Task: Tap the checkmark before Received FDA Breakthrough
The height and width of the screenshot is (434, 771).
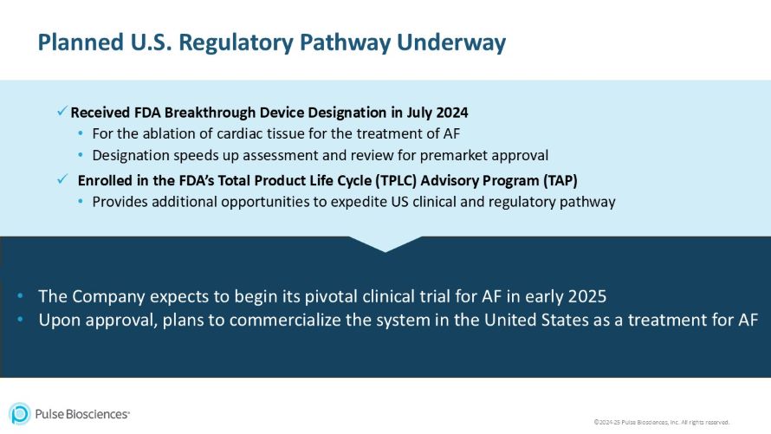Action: (x=62, y=112)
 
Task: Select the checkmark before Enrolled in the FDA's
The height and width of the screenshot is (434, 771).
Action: (x=62, y=179)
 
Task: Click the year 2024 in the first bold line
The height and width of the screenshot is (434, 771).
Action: (x=450, y=113)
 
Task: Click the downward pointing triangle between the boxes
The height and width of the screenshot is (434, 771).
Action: (x=385, y=243)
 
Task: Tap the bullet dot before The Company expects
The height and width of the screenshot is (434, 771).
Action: (x=20, y=296)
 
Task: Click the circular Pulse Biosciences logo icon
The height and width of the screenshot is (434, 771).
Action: (x=19, y=413)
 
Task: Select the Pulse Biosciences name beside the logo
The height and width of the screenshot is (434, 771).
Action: (x=82, y=414)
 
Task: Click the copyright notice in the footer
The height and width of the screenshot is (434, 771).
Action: (x=661, y=422)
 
